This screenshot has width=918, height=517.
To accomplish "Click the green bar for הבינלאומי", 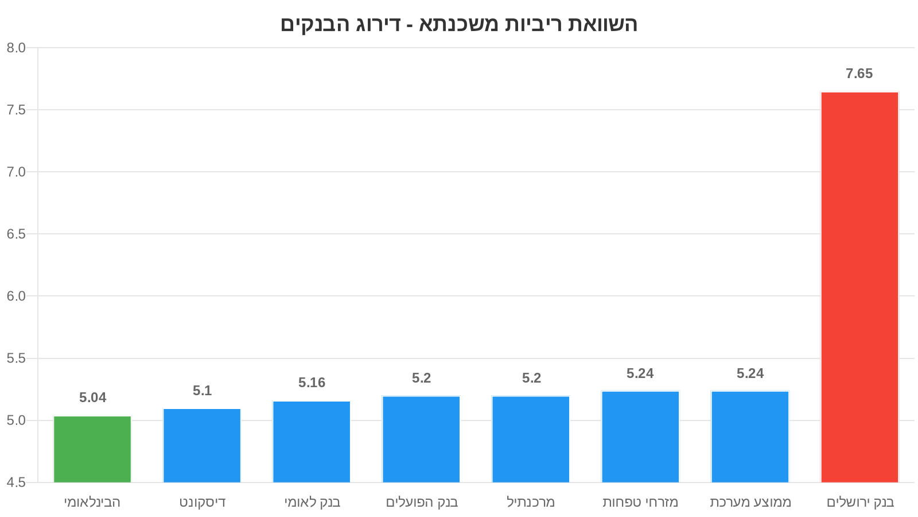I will tap(92, 449).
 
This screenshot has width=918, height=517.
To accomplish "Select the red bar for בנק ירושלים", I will tap(859, 287).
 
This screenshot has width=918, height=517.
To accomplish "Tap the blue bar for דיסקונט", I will tap(202, 445).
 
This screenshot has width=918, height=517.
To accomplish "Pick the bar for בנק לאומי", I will tap(312, 442).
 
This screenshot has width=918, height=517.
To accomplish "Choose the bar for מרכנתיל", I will tap(531, 439).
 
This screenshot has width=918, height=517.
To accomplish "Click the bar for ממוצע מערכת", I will tap(750, 437).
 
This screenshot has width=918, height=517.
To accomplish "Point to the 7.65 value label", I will tap(859, 74).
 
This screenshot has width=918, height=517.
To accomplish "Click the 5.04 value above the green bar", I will tap(93, 398).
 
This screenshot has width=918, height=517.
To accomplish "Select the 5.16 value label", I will tap(312, 383).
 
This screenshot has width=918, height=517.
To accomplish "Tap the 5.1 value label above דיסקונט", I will tap(203, 391).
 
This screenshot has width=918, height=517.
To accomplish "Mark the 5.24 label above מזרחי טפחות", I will tap(640, 373).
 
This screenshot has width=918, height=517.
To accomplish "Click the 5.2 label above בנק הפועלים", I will tap(421, 378).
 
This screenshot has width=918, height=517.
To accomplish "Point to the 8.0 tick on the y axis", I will tap(16, 48).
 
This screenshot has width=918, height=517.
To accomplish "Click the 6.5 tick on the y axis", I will tap(16, 234).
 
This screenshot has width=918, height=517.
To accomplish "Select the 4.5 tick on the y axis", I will tap(16, 483).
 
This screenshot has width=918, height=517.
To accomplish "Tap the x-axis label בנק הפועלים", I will tap(422, 502).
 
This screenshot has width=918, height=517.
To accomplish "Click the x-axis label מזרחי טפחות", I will tap(640, 502).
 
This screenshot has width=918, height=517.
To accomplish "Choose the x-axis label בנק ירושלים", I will tap(860, 502).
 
